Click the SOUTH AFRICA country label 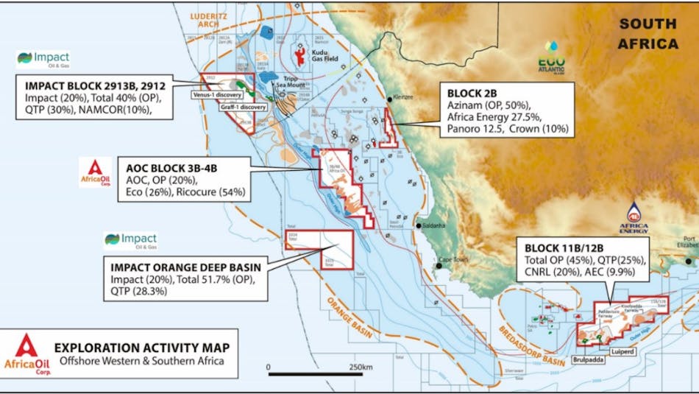click(x=648, y=34)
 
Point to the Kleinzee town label click(x=404, y=97)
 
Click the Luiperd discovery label click(x=622, y=352)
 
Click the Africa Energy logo click(x=634, y=217)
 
